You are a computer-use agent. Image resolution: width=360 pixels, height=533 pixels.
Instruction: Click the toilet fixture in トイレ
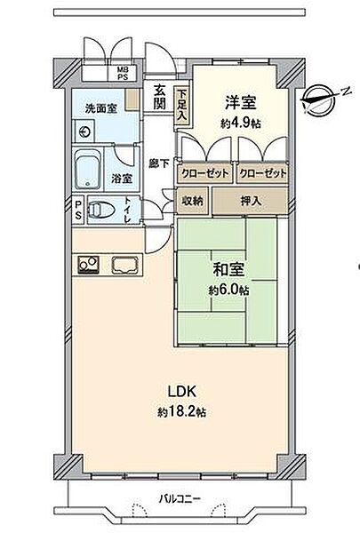[x=103, y=211]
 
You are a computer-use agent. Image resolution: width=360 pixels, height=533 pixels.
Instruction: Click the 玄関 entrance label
[x=159, y=96]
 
